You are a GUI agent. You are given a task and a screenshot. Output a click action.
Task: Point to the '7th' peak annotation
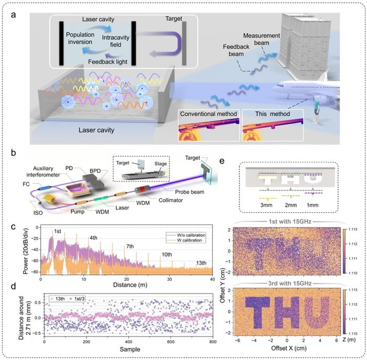[129, 246]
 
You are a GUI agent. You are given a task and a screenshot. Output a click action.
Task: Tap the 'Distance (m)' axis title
[122, 285]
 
